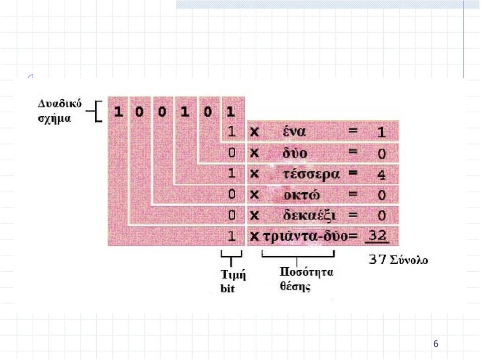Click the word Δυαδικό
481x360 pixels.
coord(60,104)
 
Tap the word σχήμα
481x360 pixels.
coord(54,118)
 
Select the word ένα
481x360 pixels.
coord(294,131)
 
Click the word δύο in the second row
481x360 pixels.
coord(295,153)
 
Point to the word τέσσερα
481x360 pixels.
coord(311,174)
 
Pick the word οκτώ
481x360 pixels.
coord(302,195)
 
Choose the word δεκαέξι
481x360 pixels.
coord(309,215)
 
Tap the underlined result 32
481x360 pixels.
coord(377,236)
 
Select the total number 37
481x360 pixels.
coord(377,259)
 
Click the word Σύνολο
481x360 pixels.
coord(409,260)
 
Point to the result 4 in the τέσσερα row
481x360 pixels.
coord(381,175)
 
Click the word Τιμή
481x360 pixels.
coord(233,274)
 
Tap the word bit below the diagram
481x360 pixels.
coord(227,289)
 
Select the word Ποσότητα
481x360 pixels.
coord(306,272)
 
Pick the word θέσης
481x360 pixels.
coord(295,286)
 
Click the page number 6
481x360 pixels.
coord(435,344)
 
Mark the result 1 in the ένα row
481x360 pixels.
coord(381,132)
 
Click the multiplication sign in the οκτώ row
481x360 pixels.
coord(254,195)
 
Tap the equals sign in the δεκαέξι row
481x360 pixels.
coord(353,215)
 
